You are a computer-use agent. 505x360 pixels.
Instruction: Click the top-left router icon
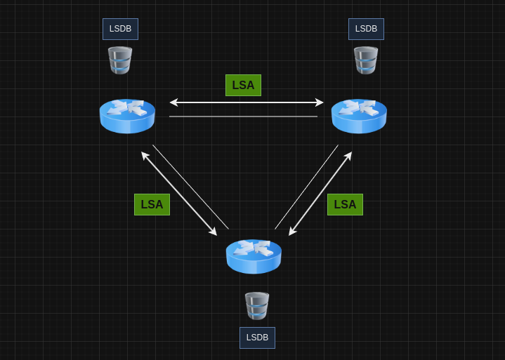pos(127,116)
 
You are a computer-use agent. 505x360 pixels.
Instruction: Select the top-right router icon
pos(359,116)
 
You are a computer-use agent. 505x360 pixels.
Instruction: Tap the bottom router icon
pos(254,256)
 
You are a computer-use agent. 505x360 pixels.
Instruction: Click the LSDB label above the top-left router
pos(120,29)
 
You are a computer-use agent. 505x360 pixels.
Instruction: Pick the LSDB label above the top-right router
pos(366,29)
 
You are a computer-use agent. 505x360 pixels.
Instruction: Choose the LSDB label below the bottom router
pos(257,338)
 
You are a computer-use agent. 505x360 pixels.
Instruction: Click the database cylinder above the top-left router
pos(120,60)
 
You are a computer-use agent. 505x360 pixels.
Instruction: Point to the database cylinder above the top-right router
pos(366,60)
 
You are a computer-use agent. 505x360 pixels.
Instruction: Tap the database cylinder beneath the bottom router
pos(257,306)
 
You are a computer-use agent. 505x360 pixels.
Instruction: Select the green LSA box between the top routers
pos(243,85)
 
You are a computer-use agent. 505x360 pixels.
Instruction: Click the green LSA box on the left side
pos(152,204)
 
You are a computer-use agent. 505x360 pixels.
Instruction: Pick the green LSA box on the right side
pos(345,204)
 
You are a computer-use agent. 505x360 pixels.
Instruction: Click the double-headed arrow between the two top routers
pos(247,102)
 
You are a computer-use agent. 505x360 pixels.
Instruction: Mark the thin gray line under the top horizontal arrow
pos(243,116)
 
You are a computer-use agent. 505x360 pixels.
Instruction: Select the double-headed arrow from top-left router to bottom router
pos(179,194)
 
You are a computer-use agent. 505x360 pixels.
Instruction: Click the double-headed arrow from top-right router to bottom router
pos(320,194)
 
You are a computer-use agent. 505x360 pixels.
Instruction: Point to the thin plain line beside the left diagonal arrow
pos(190,187)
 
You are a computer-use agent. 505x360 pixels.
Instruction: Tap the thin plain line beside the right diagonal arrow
pos(306,187)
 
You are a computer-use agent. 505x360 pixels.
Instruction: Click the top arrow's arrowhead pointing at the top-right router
pos(320,102)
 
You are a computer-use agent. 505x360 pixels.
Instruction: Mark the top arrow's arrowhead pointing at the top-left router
pos(173,102)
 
